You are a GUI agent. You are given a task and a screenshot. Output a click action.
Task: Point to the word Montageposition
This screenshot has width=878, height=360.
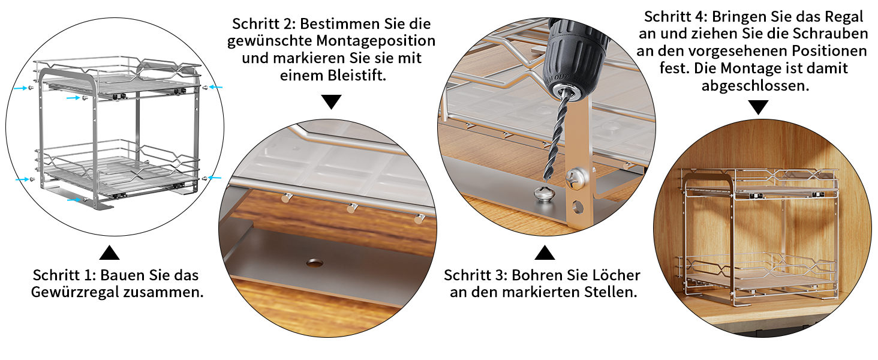pyautogui.click(x=375, y=41)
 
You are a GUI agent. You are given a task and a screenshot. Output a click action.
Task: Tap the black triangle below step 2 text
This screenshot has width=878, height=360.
pyautogui.click(x=331, y=102)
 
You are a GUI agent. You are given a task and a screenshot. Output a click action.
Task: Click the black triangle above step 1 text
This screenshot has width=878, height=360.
pyautogui.click(x=109, y=253)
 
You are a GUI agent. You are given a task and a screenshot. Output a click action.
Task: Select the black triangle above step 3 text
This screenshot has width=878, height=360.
pyautogui.click(x=545, y=253)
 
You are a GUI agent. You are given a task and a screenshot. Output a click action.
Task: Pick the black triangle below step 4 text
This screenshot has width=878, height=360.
pyautogui.click(x=758, y=107)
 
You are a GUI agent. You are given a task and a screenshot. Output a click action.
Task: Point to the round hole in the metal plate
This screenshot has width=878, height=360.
pyautogui.click(x=314, y=262)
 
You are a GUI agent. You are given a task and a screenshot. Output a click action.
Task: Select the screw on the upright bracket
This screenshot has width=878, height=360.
pyautogui.click(x=575, y=178)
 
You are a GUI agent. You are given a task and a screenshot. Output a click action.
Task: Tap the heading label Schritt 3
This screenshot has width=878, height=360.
pyautogui.click(x=476, y=275)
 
